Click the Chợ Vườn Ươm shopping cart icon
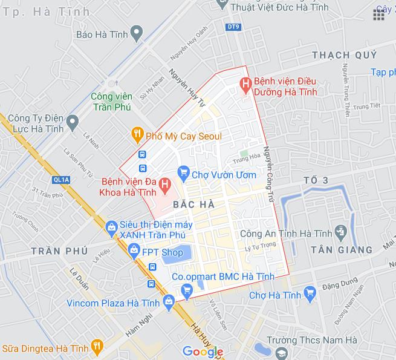184,174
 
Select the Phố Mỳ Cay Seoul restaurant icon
137,134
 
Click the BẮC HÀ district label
192,205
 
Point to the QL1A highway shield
61,180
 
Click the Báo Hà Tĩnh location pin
137,31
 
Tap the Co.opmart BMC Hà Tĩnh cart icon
187,291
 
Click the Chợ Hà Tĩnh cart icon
310,295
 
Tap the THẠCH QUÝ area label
345,55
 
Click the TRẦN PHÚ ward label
59,250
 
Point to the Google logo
203,352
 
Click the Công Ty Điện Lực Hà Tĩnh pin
73,124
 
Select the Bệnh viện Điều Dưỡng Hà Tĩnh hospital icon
245,83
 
